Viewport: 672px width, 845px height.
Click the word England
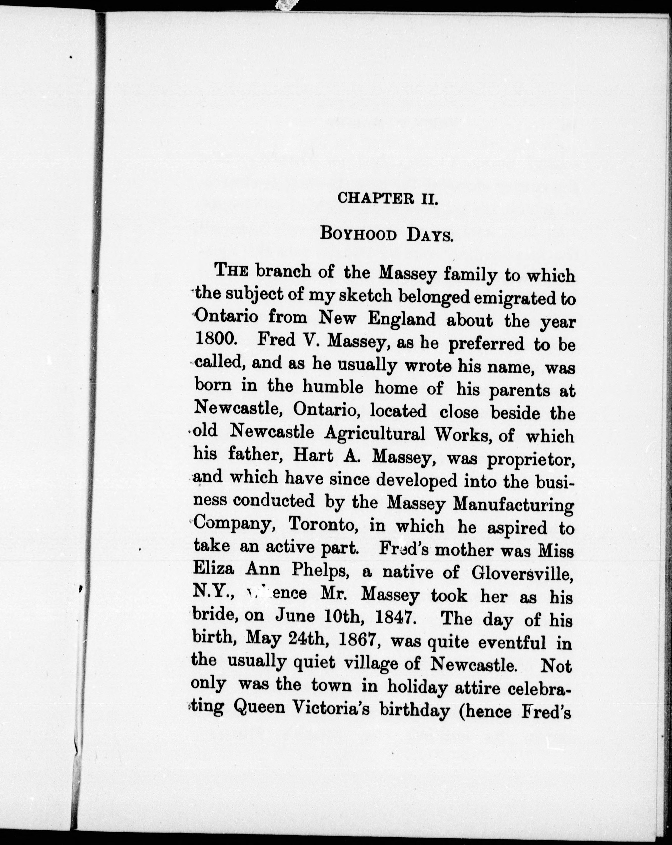click(402, 319)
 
